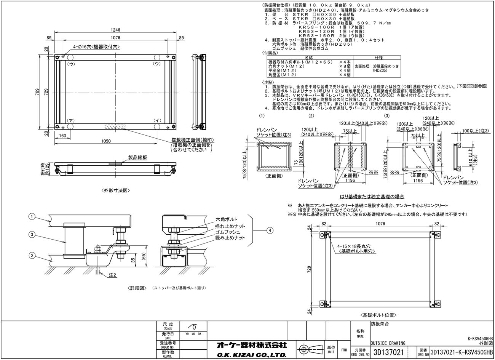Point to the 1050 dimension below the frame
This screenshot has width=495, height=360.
click(x=106, y=141)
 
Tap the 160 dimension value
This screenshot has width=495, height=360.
click(x=62, y=135)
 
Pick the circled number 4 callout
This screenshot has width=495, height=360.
click(x=270, y=230)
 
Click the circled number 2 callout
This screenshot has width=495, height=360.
click(x=32, y=255)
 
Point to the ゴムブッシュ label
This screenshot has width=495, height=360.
click(x=228, y=232)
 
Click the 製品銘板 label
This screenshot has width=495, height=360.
click(x=136, y=157)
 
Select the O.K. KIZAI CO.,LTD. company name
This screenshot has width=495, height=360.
click(x=251, y=355)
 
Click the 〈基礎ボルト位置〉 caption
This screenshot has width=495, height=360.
click(x=379, y=315)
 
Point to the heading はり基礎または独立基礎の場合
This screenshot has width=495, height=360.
click(x=372, y=197)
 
